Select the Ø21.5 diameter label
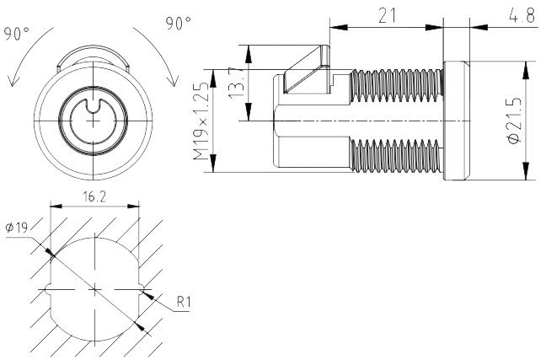click(513, 120)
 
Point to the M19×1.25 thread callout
click(199, 121)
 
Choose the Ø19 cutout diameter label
click(16, 228)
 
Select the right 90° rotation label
click(179, 24)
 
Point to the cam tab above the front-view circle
click(94, 59)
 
